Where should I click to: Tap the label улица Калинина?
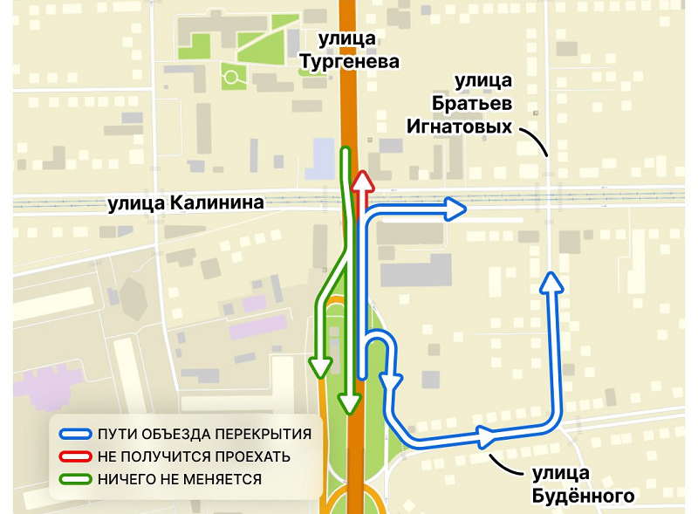(x=186, y=204)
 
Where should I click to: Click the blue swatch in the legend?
(x=75, y=434)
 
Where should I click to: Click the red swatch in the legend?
(x=75, y=456)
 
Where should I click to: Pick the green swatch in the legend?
(x=75, y=479)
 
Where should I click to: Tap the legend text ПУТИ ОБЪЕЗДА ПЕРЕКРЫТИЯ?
(x=204, y=434)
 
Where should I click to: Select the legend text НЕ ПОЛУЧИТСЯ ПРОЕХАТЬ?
(x=194, y=456)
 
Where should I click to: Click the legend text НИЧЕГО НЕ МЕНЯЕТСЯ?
(x=180, y=479)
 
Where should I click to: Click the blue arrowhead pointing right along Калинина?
(x=455, y=209)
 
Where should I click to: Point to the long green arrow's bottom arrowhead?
(x=350, y=402)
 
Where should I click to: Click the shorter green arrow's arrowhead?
(x=320, y=366)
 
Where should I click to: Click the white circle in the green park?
(x=231, y=77)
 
